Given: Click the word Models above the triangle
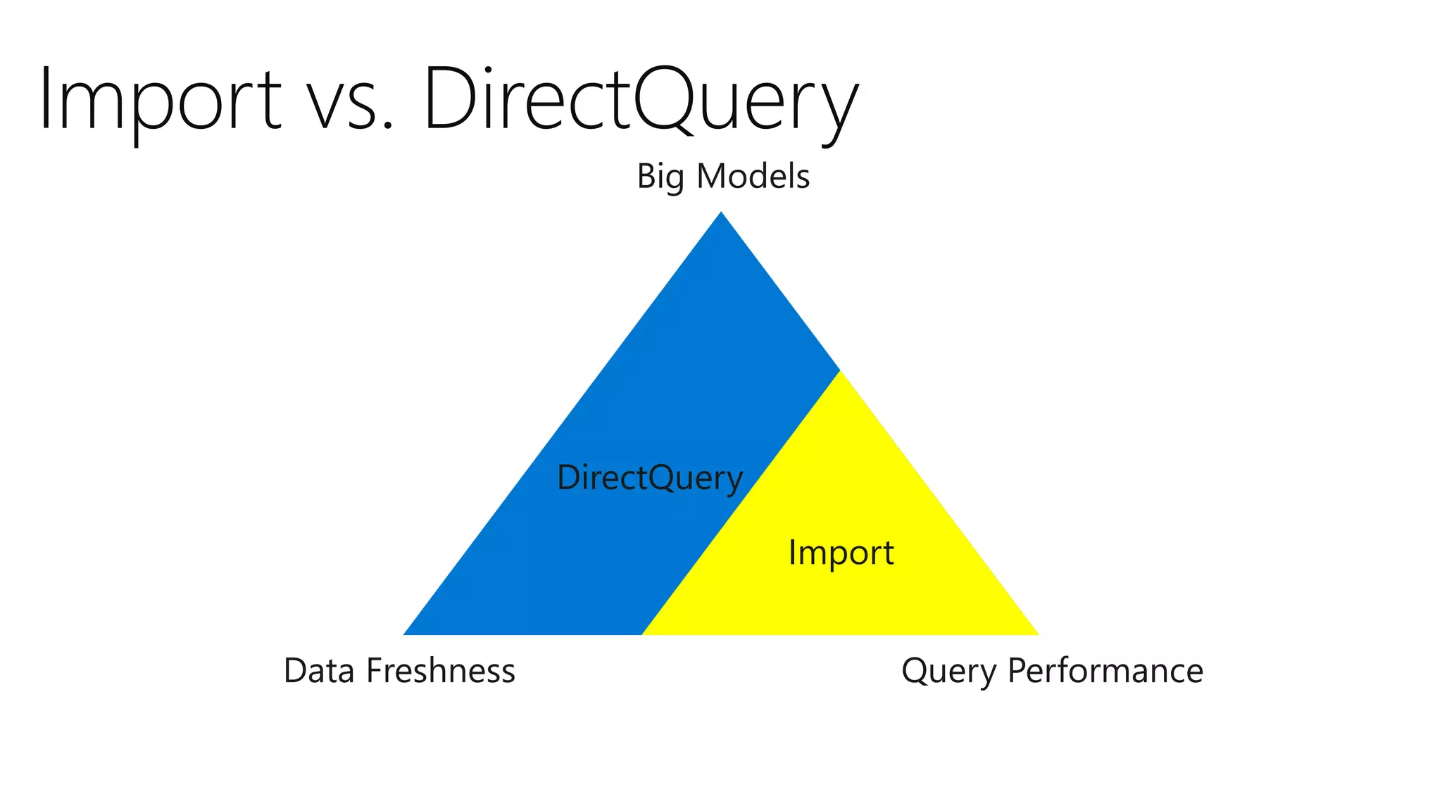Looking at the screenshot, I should [753, 176].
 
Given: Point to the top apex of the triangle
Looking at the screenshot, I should [721, 214].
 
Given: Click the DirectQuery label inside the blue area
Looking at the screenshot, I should [649, 478].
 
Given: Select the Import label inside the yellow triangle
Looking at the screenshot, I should [841, 553].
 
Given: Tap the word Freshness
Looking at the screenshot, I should [441, 670].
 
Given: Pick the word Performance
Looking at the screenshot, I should [1105, 670].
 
